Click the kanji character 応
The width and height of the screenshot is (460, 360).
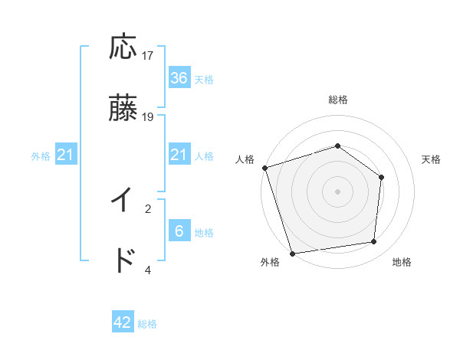123,47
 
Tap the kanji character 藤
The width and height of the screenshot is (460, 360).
123,110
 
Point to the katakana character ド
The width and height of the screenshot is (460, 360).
123,261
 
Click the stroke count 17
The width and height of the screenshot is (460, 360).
148,56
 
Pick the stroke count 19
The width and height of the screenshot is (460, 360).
148,117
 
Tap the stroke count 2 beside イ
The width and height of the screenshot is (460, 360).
148,208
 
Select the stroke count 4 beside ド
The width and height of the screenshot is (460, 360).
148,269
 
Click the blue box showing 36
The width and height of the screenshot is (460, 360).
179,78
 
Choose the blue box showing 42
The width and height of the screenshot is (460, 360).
123,322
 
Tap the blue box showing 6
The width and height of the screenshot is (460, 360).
179,231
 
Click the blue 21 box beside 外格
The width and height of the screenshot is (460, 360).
66,155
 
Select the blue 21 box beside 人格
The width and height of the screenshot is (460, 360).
179,155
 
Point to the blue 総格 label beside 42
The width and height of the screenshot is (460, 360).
147,324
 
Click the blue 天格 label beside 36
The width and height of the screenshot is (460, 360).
204,80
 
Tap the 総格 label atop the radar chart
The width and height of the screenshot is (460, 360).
338,100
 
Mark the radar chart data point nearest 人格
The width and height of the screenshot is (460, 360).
264,168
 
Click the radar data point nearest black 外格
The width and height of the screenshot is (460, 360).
292,253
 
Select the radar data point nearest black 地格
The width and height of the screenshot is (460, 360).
374,241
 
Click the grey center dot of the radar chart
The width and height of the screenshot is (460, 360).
337,191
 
